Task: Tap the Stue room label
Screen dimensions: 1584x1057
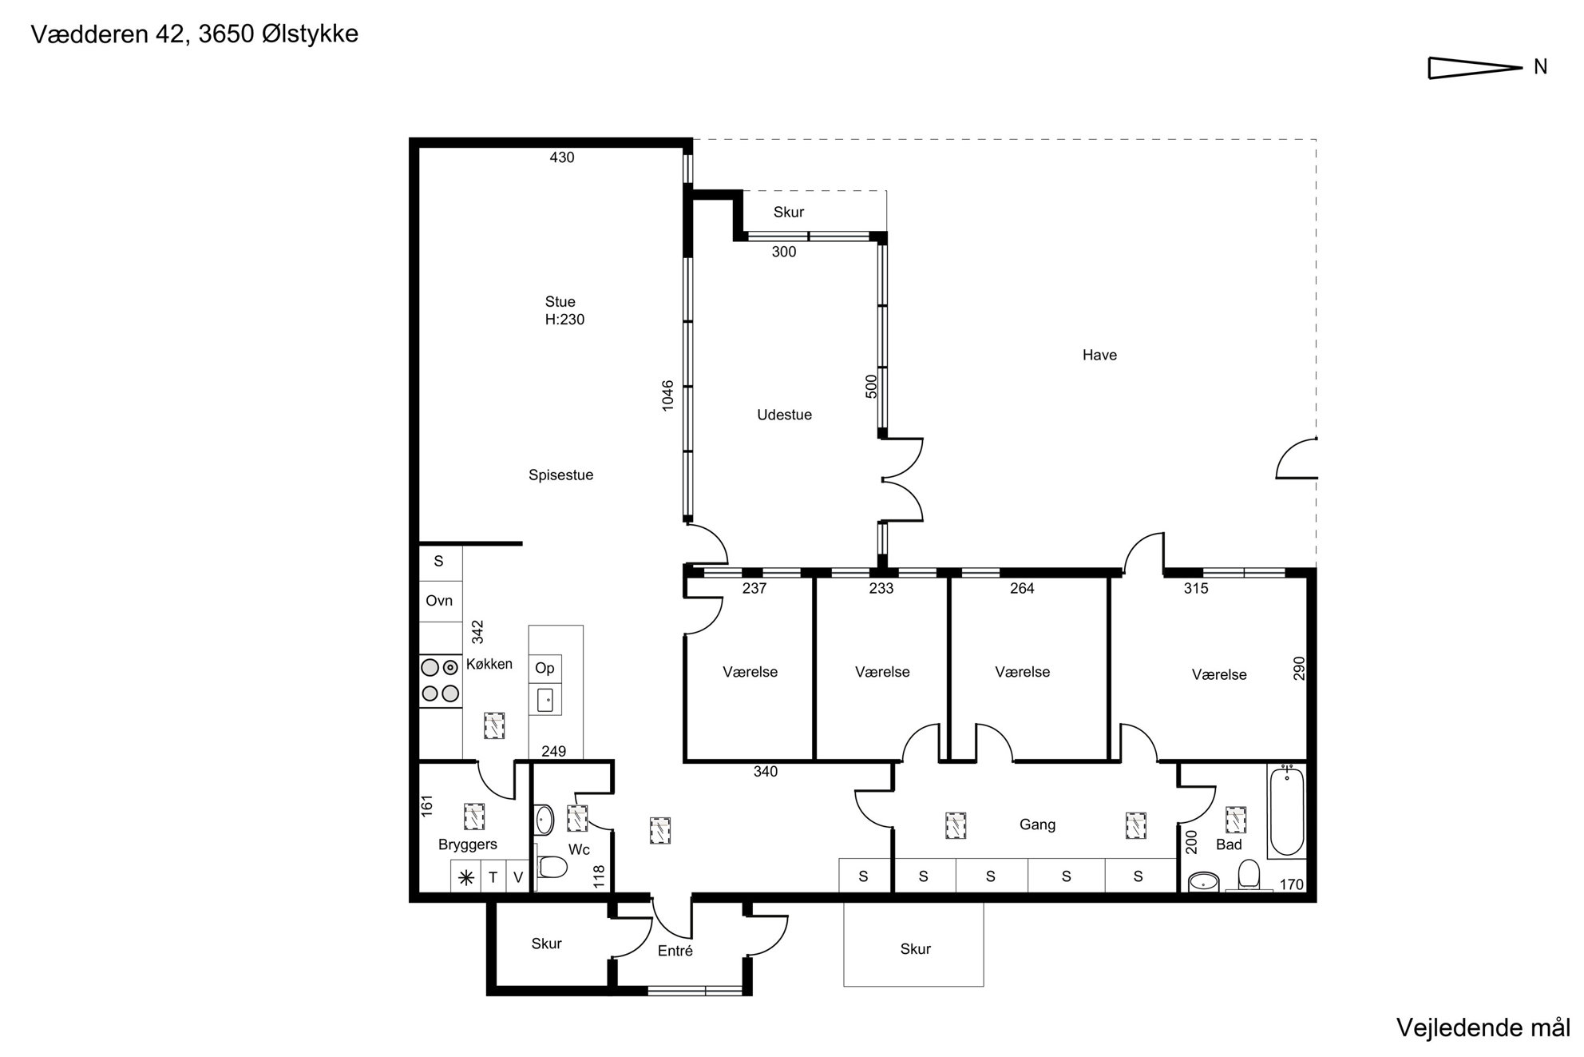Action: (560, 302)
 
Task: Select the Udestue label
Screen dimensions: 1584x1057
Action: (784, 415)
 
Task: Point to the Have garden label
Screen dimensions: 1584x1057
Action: (1099, 356)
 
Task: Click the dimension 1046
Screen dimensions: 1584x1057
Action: (668, 395)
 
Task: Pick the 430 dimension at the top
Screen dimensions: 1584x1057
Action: (562, 157)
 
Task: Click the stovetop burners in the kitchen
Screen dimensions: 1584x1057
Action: (440, 681)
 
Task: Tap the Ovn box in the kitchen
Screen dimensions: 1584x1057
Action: (440, 601)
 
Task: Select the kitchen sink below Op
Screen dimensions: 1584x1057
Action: (547, 700)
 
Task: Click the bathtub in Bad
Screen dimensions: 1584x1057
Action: (1286, 810)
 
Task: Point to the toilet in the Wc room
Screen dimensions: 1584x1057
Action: (552, 866)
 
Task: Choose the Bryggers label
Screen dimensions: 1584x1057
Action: (468, 844)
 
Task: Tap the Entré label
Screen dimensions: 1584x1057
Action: (675, 951)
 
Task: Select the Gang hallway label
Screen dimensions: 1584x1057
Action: (1037, 825)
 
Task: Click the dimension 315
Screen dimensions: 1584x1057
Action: (1196, 589)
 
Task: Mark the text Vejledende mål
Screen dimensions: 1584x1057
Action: (1483, 1027)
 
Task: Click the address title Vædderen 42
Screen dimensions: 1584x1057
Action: (109, 34)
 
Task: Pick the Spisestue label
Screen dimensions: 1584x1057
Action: (560, 475)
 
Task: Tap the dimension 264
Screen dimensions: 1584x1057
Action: (1022, 589)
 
